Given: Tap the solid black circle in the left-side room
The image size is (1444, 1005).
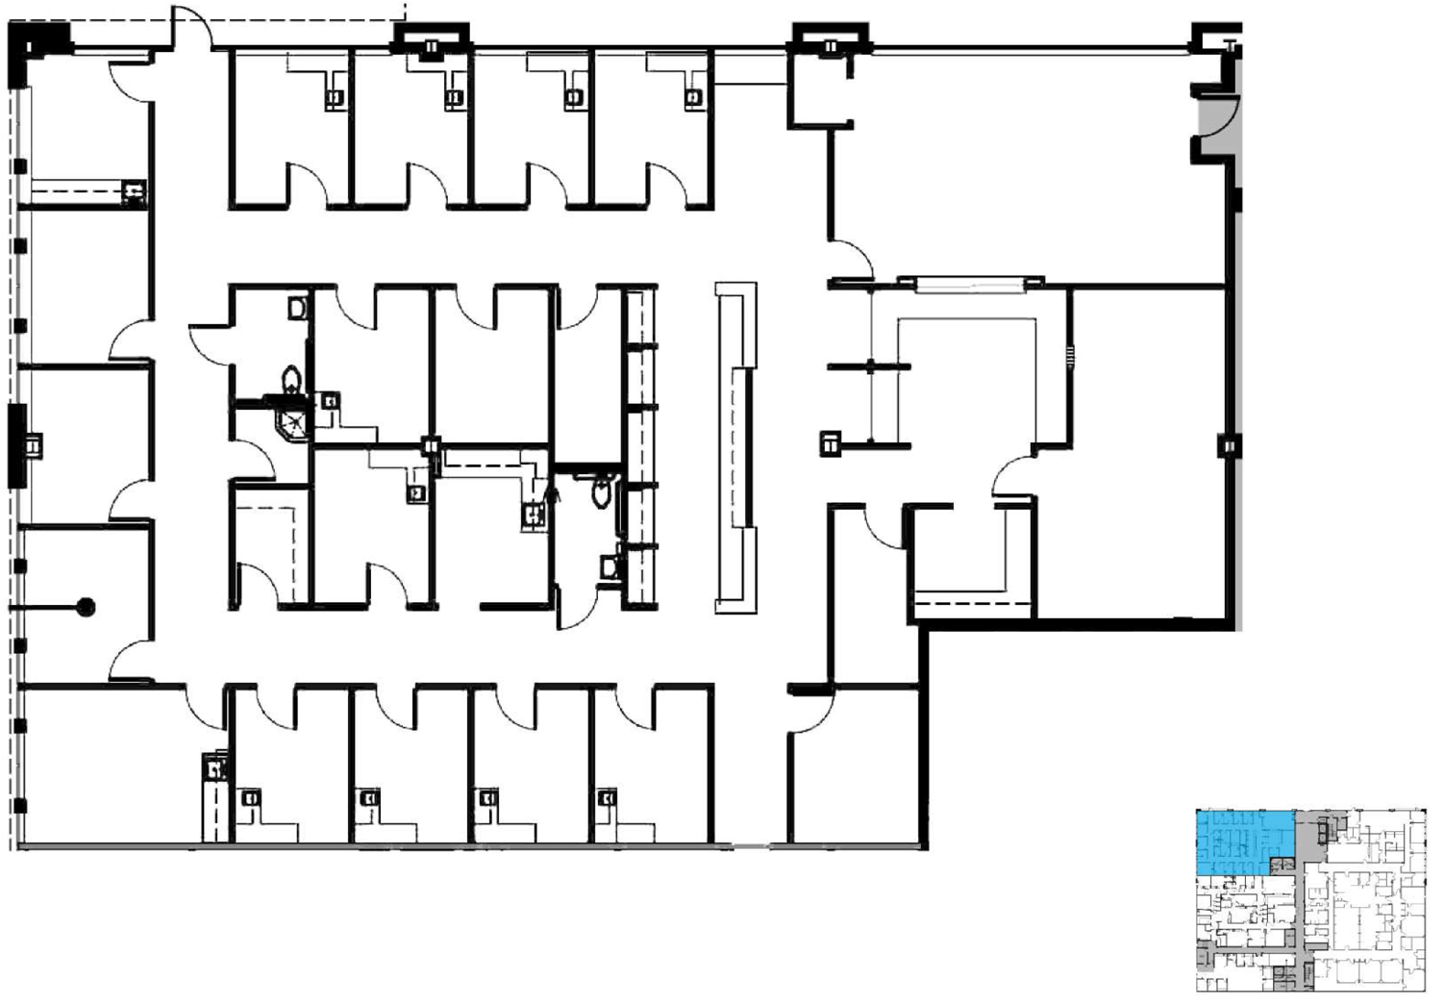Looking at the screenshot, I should [x=86, y=607].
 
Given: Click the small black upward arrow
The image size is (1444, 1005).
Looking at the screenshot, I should [x=552, y=493].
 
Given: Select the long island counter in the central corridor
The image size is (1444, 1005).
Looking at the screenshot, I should [x=735, y=447].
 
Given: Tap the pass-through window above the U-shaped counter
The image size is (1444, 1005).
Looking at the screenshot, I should [x=971, y=283].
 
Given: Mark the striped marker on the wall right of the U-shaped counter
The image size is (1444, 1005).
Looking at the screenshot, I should [x=1070, y=358].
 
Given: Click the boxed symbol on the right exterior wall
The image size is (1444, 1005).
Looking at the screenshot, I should [x=1229, y=447].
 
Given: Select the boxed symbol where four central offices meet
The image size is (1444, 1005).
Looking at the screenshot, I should [x=432, y=446].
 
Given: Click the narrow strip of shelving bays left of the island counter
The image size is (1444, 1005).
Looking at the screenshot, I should [x=640, y=447].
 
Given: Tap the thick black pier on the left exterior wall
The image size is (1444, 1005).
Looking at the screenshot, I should [x=17, y=446].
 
